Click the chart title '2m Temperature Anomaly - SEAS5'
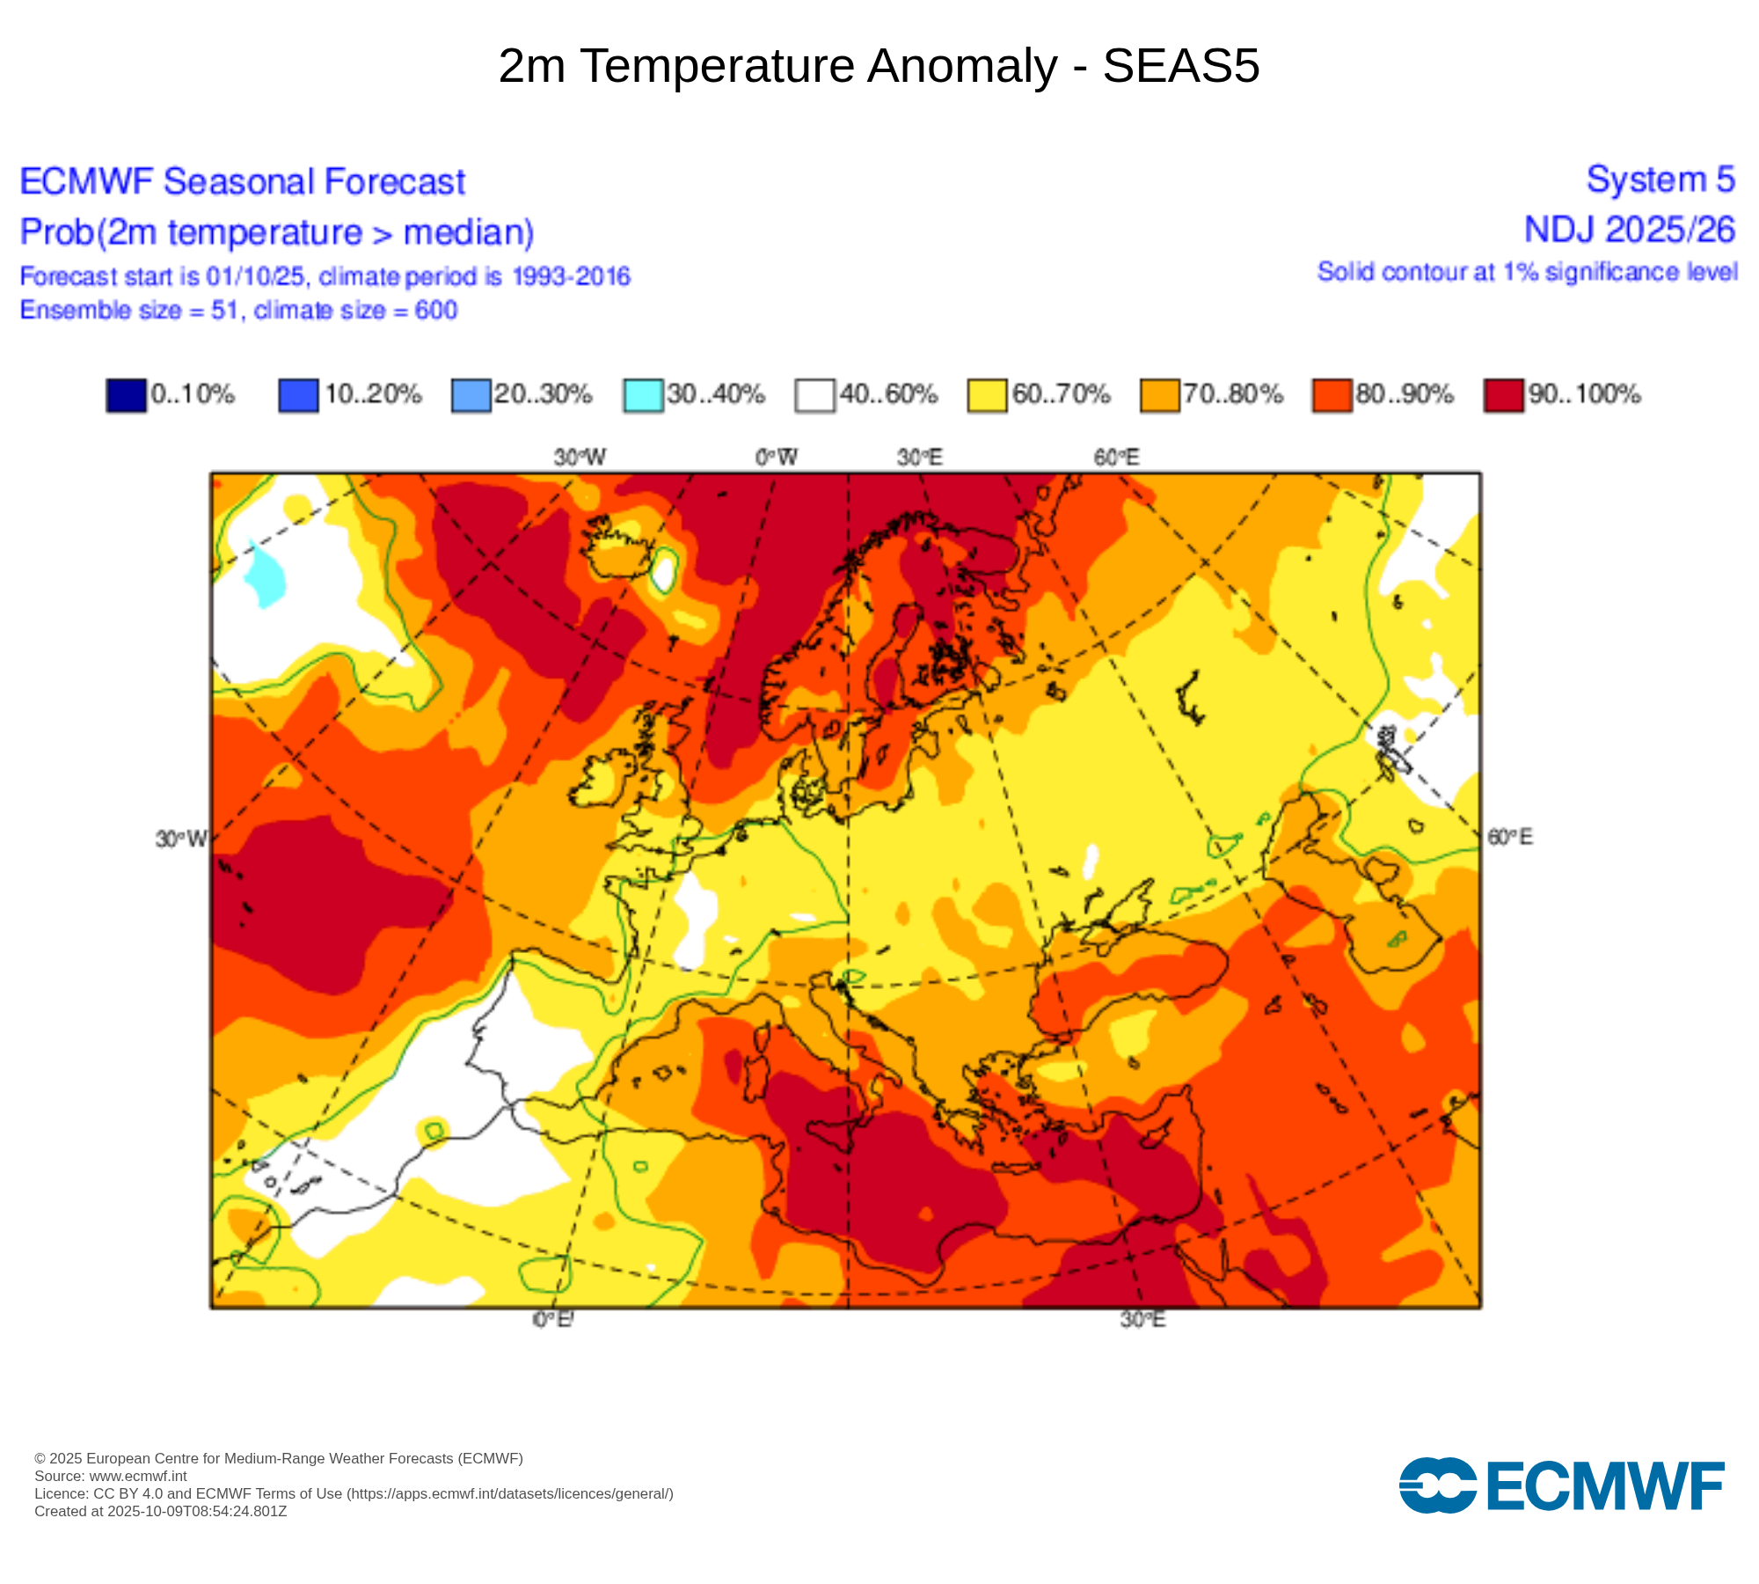click(879, 66)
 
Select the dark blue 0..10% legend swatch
click(126, 395)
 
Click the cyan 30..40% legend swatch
click(643, 395)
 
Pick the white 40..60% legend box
click(814, 395)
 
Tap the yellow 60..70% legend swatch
click(987, 395)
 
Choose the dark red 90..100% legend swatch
click(1503, 395)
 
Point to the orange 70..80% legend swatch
click(1159, 395)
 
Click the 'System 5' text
click(1660, 180)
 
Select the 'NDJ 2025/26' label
click(1629, 230)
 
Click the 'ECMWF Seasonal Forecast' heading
click(242, 182)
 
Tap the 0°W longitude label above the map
click(777, 458)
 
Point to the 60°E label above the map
click(1117, 458)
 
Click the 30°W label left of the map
click(181, 839)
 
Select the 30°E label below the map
click(1142, 1319)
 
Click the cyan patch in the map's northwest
click(264, 576)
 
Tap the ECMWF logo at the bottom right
click(1561, 1485)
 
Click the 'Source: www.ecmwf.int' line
click(111, 1476)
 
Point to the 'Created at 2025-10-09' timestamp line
click(161, 1511)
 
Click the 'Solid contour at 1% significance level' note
click(1527, 272)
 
